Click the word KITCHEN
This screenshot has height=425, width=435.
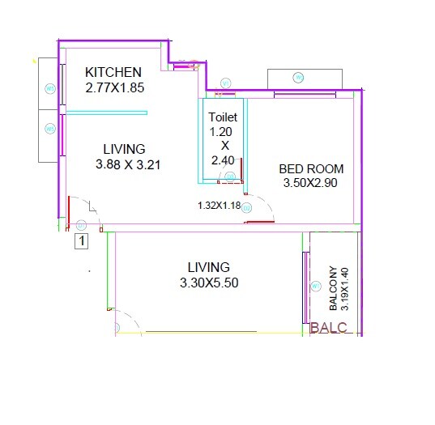coord(113,72)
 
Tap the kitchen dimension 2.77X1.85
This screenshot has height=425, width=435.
coord(114,87)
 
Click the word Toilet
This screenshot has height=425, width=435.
coord(222,117)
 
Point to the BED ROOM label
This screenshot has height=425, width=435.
coord(311,169)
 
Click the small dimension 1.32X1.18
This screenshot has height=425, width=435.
coord(219,206)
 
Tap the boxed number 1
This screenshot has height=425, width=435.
coord(82,240)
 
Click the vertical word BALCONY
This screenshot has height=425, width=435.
coord(333,289)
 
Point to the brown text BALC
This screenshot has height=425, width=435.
coord(329,328)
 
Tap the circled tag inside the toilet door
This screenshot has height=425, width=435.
coord(246,208)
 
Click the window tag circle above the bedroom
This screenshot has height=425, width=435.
coord(297,78)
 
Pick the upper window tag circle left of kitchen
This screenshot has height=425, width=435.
coord(49,89)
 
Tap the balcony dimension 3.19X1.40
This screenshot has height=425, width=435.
coord(343,289)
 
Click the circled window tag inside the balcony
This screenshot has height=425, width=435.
coord(316,287)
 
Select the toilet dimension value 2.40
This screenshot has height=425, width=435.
coord(221,161)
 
